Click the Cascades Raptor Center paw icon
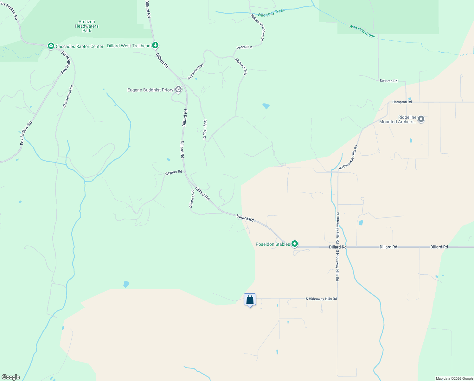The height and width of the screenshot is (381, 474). (x=51, y=46)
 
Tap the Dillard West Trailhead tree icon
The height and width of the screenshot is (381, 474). (x=155, y=46)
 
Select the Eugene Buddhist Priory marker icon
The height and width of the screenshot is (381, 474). (x=178, y=90)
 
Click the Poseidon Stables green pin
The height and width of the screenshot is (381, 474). (x=295, y=244)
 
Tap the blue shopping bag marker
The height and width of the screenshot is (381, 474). (x=250, y=300)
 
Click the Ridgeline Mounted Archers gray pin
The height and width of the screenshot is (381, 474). (x=421, y=119)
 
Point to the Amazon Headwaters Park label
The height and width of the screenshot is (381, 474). (x=86, y=26)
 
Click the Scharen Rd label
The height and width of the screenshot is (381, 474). (x=388, y=81)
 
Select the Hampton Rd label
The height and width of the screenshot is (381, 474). (x=402, y=102)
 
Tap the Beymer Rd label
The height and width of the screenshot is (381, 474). (x=174, y=172)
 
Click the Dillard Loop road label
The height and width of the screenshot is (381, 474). (x=192, y=199)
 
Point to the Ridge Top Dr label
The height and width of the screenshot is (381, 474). (x=205, y=130)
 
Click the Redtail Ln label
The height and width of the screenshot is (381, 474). (x=244, y=47)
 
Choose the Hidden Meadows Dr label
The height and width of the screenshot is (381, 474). (x=258, y=27)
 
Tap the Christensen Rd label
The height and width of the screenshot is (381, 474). (x=68, y=96)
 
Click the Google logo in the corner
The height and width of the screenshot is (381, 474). (x=11, y=377)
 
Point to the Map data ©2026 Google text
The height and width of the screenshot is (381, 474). (x=454, y=378)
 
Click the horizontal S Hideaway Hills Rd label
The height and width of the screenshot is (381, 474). (x=321, y=299)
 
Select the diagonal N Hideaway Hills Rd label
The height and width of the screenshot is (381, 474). (x=348, y=157)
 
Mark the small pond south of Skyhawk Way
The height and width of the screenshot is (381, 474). (x=266, y=106)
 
